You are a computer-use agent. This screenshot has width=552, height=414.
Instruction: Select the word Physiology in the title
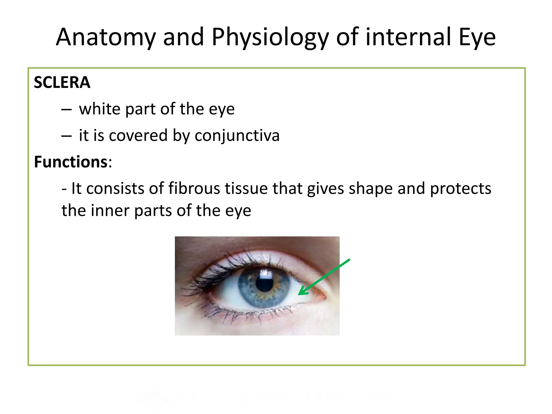click(270, 37)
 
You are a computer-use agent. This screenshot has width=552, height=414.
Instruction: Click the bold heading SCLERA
click(62, 82)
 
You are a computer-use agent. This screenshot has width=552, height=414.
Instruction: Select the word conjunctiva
click(237, 135)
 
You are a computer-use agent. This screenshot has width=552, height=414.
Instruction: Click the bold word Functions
click(71, 162)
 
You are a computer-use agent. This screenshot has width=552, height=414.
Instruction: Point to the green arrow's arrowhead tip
click(299, 295)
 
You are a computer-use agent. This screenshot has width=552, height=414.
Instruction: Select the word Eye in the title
click(477, 37)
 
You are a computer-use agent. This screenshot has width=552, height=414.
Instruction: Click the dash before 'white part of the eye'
click(66, 109)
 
